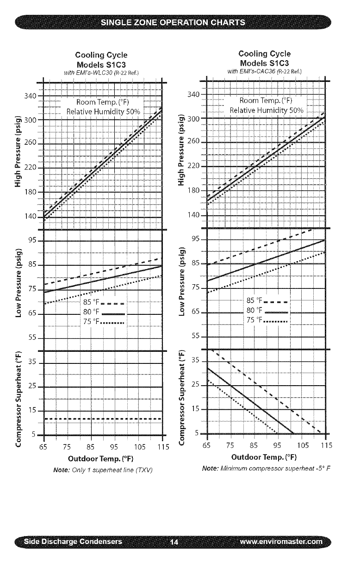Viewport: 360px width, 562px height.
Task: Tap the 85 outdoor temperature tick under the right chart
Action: tap(254, 447)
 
